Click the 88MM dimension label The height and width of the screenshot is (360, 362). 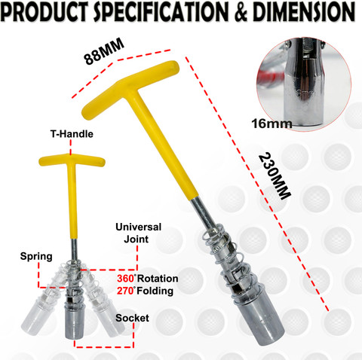pos(104,51)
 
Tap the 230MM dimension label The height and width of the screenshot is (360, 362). pos(275,175)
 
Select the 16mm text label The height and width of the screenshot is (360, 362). pos(271,124)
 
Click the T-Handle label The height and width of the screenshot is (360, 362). pos(72,134)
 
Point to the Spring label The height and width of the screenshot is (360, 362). pos(36,257)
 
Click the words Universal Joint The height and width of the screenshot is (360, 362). pos(138,233)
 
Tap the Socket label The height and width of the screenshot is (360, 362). pos(132,318)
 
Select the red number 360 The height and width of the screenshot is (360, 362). pos(125,279)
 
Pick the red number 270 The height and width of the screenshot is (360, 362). pos(125,291)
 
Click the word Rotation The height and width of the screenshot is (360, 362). pos(158,279)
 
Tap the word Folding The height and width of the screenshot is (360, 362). pos(155,291)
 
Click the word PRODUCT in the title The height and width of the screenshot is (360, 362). pos(45,12)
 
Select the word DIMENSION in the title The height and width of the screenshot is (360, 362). pos(304,12)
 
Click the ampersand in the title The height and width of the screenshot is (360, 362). pos(241,12)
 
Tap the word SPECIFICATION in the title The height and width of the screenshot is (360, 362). pos(161,12)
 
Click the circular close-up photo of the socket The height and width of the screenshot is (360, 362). pos(304,84)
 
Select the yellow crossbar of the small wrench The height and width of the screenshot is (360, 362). pos(72,160)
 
